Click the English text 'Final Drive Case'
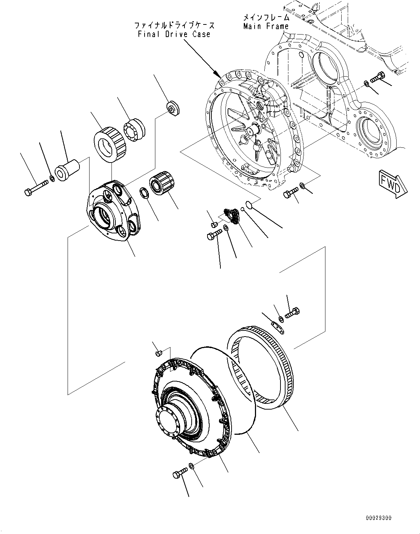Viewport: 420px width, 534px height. (174, 34)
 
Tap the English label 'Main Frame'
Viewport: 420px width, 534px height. (266, 26)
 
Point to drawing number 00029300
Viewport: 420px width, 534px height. (379, 518)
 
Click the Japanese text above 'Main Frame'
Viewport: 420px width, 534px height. (266, 17)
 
